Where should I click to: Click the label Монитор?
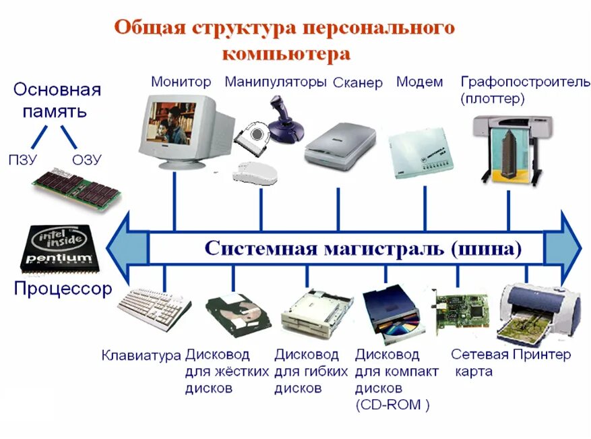coord(181,82)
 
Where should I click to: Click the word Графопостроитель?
coord(516,82)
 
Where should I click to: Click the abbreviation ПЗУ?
coord(24,160)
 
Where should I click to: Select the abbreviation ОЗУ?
coord(86,160)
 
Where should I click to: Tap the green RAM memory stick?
coord(77,189)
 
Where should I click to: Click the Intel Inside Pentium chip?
coord(60,246)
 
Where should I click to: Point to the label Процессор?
coord(63,289)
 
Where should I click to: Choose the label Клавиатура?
coord(141,355)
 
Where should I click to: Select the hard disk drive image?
coord(237,316)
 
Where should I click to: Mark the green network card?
coord(462,311)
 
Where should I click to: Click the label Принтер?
coord(541,355)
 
